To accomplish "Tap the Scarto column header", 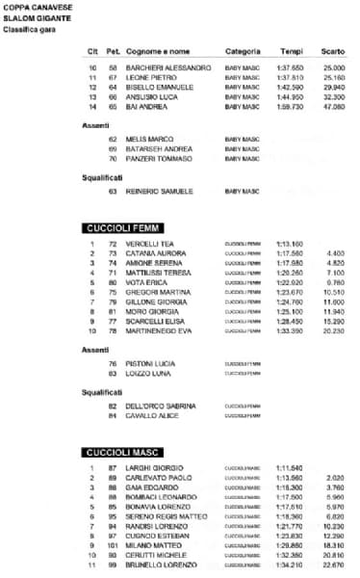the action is pos(333,50).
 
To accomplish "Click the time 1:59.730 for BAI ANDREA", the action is pos(291,107).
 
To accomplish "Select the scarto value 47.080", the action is pos(334,107).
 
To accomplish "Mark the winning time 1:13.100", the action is pos(290,245).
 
